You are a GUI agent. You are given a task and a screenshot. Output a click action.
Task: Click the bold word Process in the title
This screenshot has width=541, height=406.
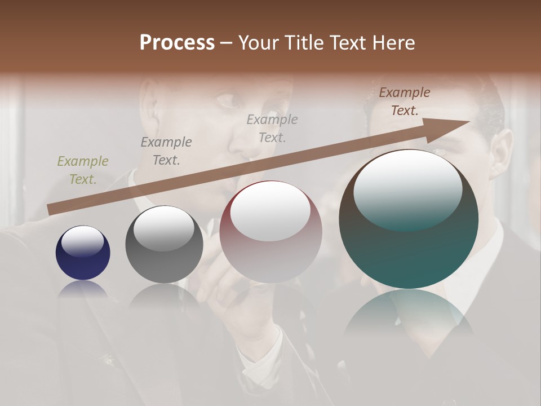click(177, 42)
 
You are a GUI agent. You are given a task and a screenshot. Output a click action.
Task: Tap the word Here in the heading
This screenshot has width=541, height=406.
click(393, 42)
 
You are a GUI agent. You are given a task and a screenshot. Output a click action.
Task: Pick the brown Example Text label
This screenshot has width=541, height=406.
click(404, 101)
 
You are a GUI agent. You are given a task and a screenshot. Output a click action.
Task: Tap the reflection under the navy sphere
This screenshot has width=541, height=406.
click(83, 289)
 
